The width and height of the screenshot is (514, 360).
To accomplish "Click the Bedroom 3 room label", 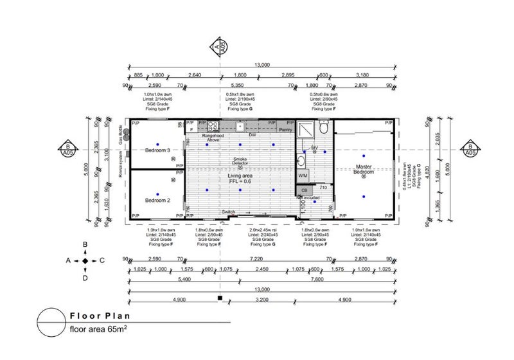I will [157, 150].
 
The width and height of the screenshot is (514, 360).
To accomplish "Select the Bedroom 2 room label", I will [157, 201].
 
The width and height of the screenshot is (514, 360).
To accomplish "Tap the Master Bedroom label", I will [364, 169].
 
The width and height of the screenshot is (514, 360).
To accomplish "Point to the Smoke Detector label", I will [240, 160].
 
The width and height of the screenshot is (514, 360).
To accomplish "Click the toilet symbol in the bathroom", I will [323, 129].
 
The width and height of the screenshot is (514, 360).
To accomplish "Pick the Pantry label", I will [285, 130].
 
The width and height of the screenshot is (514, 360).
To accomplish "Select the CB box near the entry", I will [305, 190].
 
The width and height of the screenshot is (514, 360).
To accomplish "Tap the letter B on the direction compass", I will [85, 245].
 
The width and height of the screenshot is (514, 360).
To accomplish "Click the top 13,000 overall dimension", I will [261, 64].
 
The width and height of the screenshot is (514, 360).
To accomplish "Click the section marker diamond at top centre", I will [220, 46].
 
